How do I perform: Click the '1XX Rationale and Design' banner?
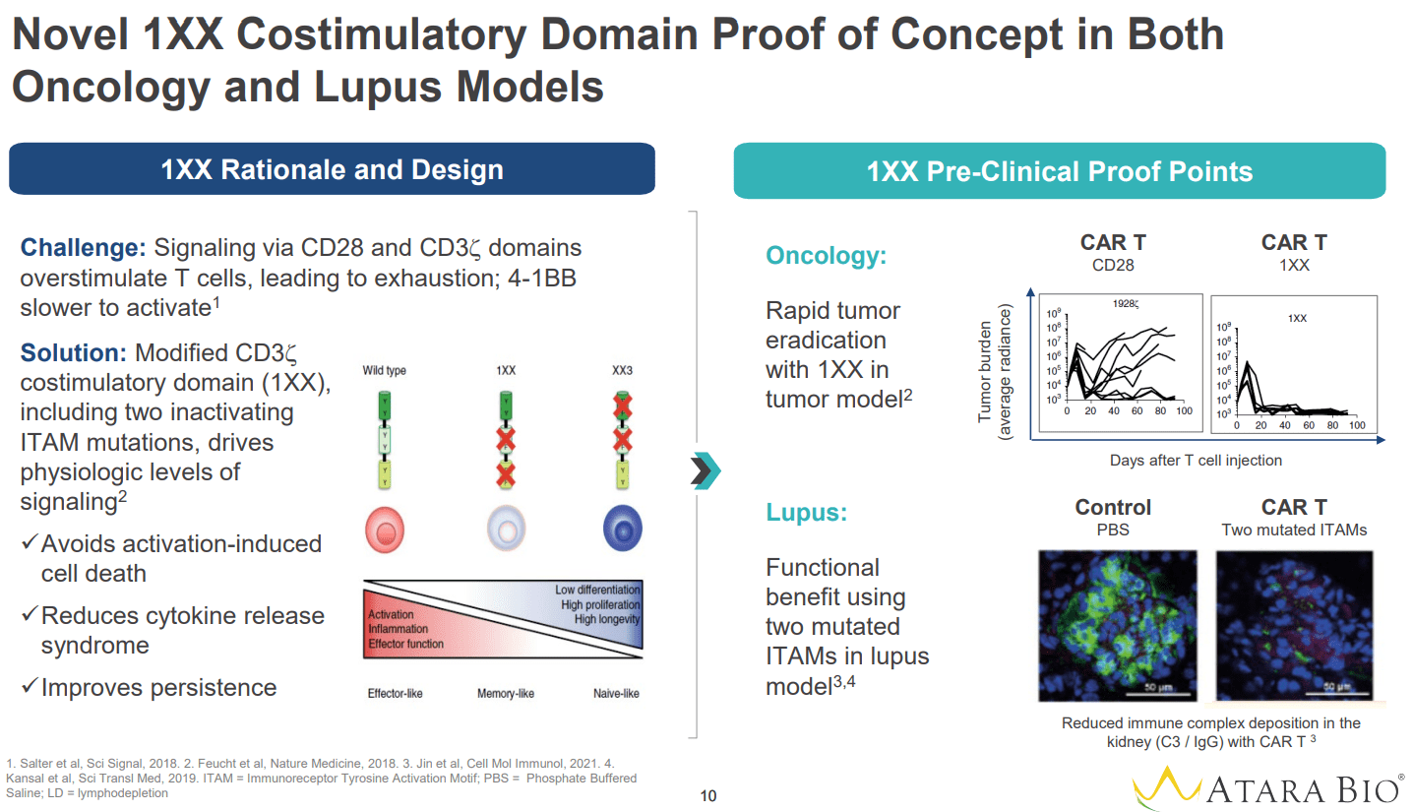332,169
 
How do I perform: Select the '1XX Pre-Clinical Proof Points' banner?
1059,171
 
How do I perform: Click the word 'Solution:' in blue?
74,352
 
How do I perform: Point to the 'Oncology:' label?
827,256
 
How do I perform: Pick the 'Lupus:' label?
805,513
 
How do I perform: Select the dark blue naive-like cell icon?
622,531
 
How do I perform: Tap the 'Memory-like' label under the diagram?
506,694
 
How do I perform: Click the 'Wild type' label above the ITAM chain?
384,371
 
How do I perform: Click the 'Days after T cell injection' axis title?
1196,460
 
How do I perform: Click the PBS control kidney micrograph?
1118,624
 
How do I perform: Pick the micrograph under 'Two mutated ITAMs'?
1292,624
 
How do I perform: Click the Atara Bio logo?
1267,788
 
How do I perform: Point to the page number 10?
707,795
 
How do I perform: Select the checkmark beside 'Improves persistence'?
30,687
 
